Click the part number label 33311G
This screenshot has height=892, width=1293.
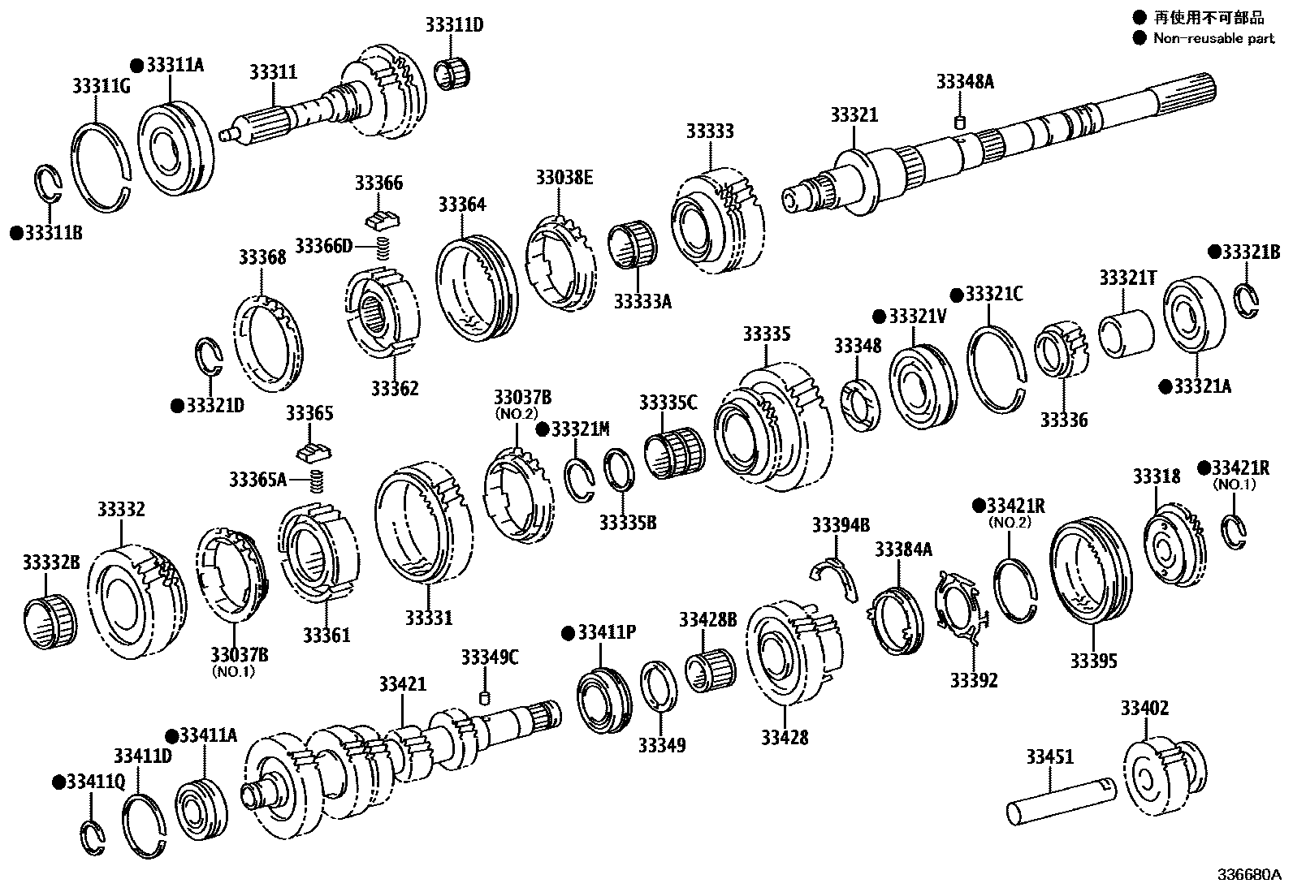pyautogui.click(x=101, y=85)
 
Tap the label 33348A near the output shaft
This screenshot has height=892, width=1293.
pyautogui.click(x=965, y=81)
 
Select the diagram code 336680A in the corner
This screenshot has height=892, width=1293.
pyautogui.click(x=1248, y=876)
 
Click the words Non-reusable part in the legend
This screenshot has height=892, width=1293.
pyautogui.click(x=1213, y=38)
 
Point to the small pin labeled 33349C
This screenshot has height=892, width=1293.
pyautogui.click(x=486, y=698)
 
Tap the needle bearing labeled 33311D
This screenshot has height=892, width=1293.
pyautogui.click(x=453, y=73)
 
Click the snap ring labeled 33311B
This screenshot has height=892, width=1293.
pyautogui.click(x=49, y=186)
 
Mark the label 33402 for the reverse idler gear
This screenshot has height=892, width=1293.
pyautogui.click(x=1144, y=709)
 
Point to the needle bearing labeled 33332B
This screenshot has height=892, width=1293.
pyautogui.click(x=50, y=621)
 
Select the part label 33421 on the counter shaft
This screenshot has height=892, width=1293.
pyautogui.click(x=401, y=685)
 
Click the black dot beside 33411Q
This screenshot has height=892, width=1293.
pyautogui.click(x=58, y=782)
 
